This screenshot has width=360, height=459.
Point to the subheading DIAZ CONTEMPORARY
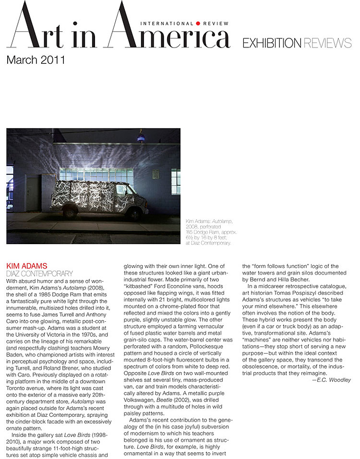(39, 273)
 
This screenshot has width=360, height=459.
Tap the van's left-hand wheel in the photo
(70, 212)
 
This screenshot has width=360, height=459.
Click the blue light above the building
(141, 139)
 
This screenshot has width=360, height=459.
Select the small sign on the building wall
(156, 174)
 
